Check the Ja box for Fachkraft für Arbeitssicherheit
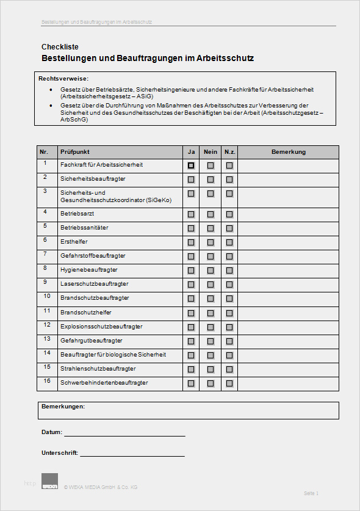point(191,165)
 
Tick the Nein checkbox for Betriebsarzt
point(211,214)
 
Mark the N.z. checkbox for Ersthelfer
point(229,242)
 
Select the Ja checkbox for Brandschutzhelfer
point(191,313)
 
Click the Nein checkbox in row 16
point(211,383)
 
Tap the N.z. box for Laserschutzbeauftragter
point(229,284)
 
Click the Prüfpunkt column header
point(75,152)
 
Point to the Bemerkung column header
point(289,152)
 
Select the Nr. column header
point(44,152)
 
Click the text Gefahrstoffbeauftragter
point(93,256)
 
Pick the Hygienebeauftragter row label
point(89,270)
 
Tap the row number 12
point(46,325)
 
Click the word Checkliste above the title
point(60,47)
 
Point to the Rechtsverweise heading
point(63,79)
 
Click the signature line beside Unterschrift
point(132,455)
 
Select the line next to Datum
point(124,436)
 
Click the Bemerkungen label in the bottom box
point(63,407)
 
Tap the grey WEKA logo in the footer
point(49,481)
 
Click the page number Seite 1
point(311,493)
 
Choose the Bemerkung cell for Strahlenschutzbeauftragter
point(289,370)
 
